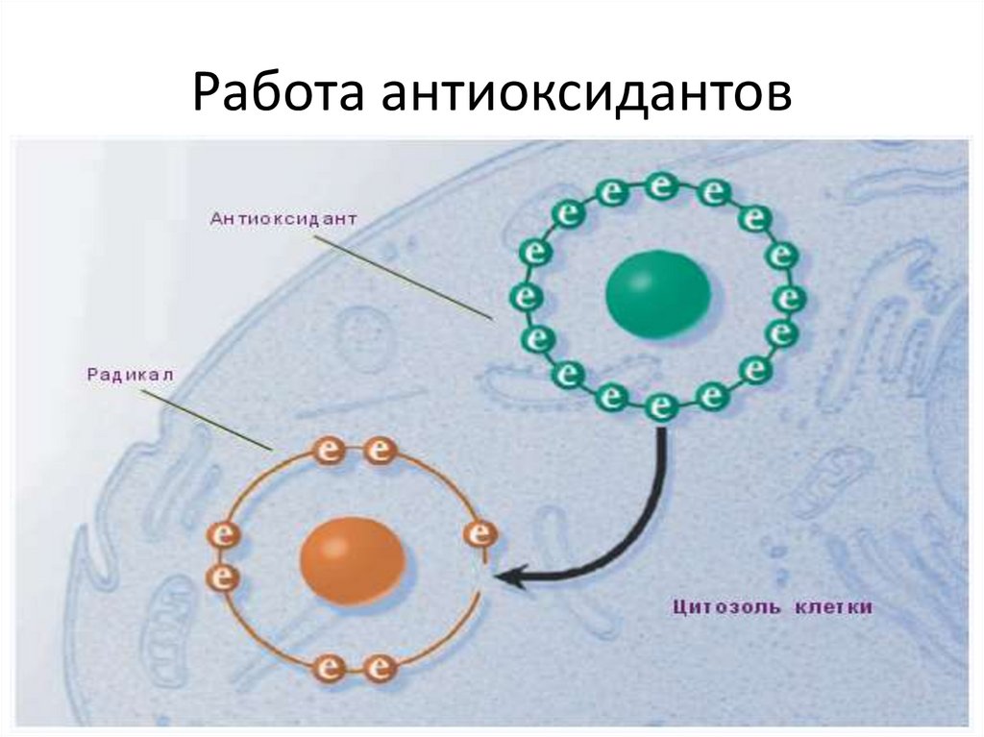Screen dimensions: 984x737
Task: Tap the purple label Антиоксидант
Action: click(283, 218)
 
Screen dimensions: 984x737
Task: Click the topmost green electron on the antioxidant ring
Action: click(659, 184)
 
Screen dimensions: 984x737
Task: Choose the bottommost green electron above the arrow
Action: click(659, 407)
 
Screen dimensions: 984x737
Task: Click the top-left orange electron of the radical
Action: click(329, 450)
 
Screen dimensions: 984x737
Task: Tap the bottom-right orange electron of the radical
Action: click(381, 666)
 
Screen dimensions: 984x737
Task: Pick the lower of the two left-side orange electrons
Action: click(223, 576)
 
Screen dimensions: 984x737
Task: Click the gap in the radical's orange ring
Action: click(480, 577)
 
